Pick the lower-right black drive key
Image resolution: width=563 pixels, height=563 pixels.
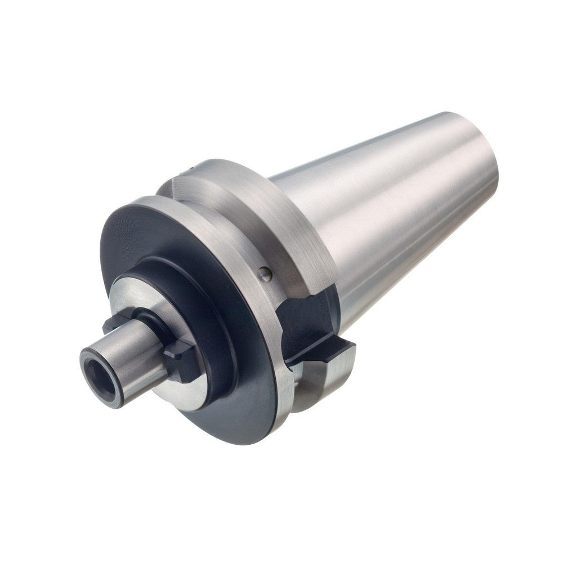pos(181,360)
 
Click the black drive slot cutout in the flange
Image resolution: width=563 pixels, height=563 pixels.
pos(307,315)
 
